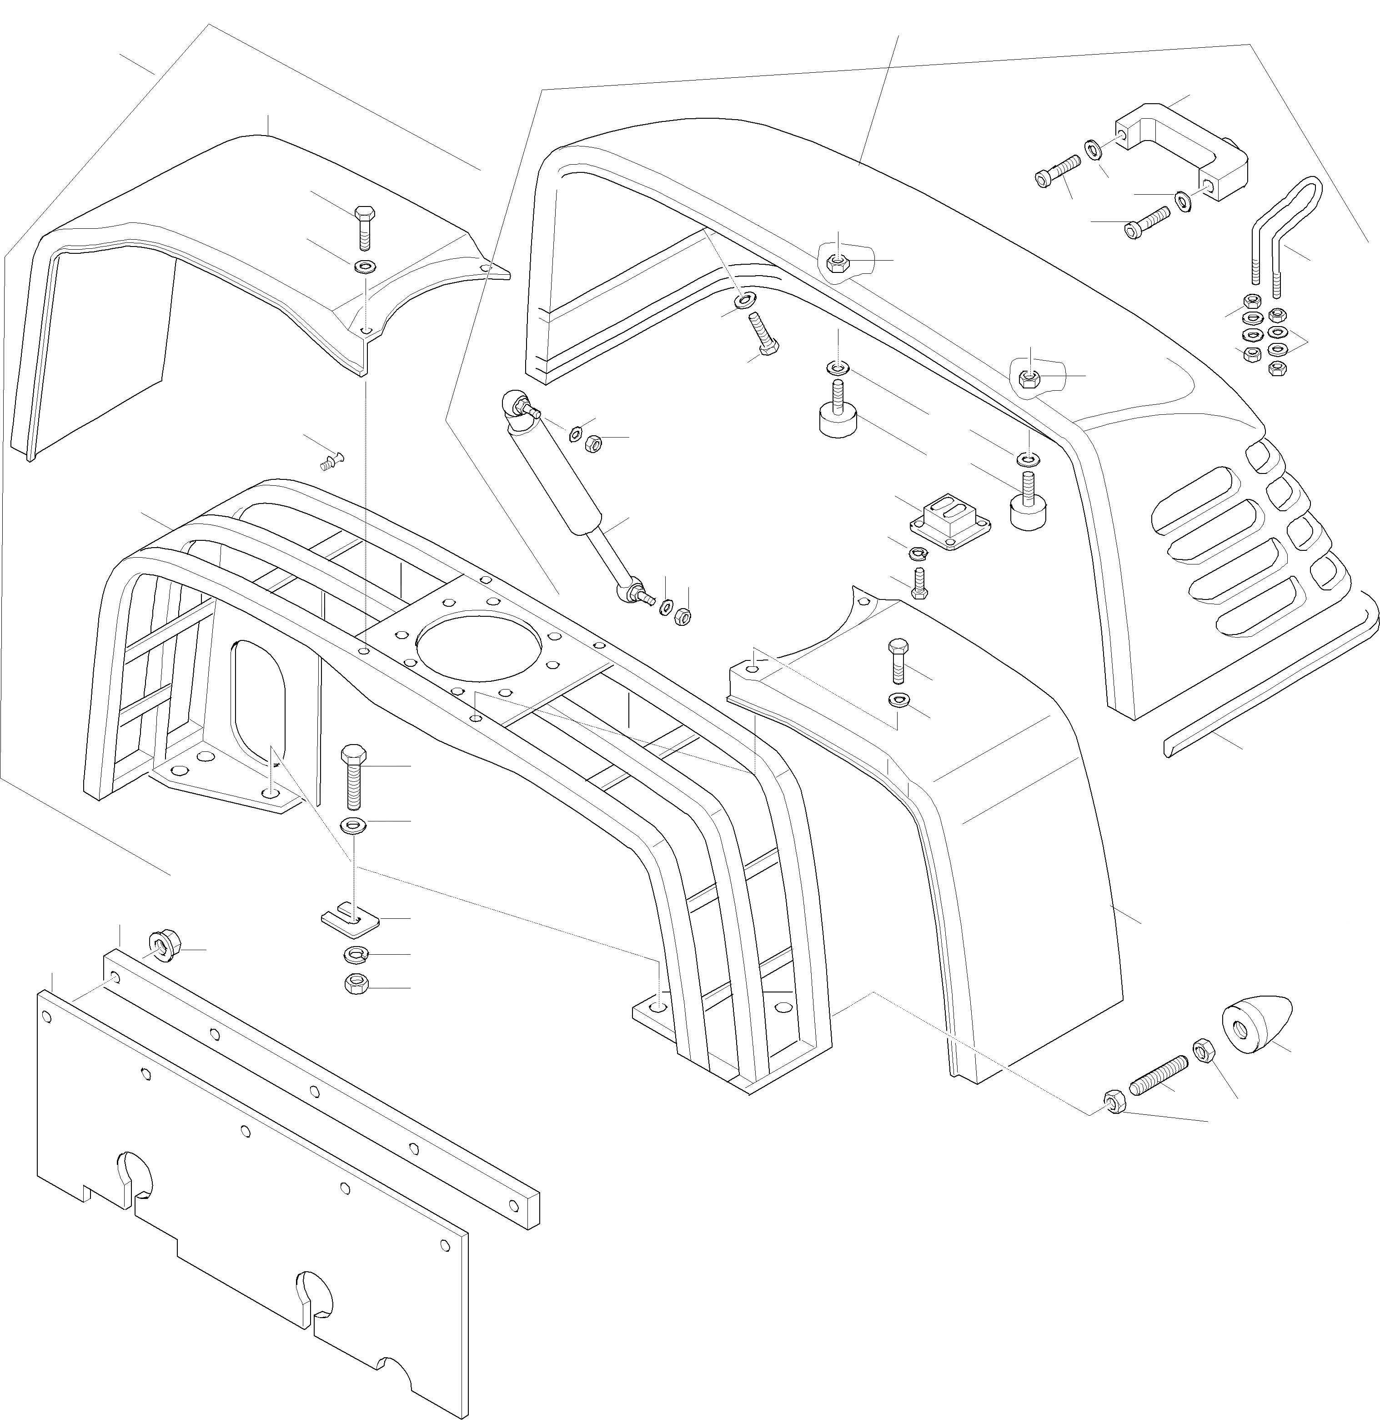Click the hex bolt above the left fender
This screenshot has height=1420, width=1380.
click(364, 226)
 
